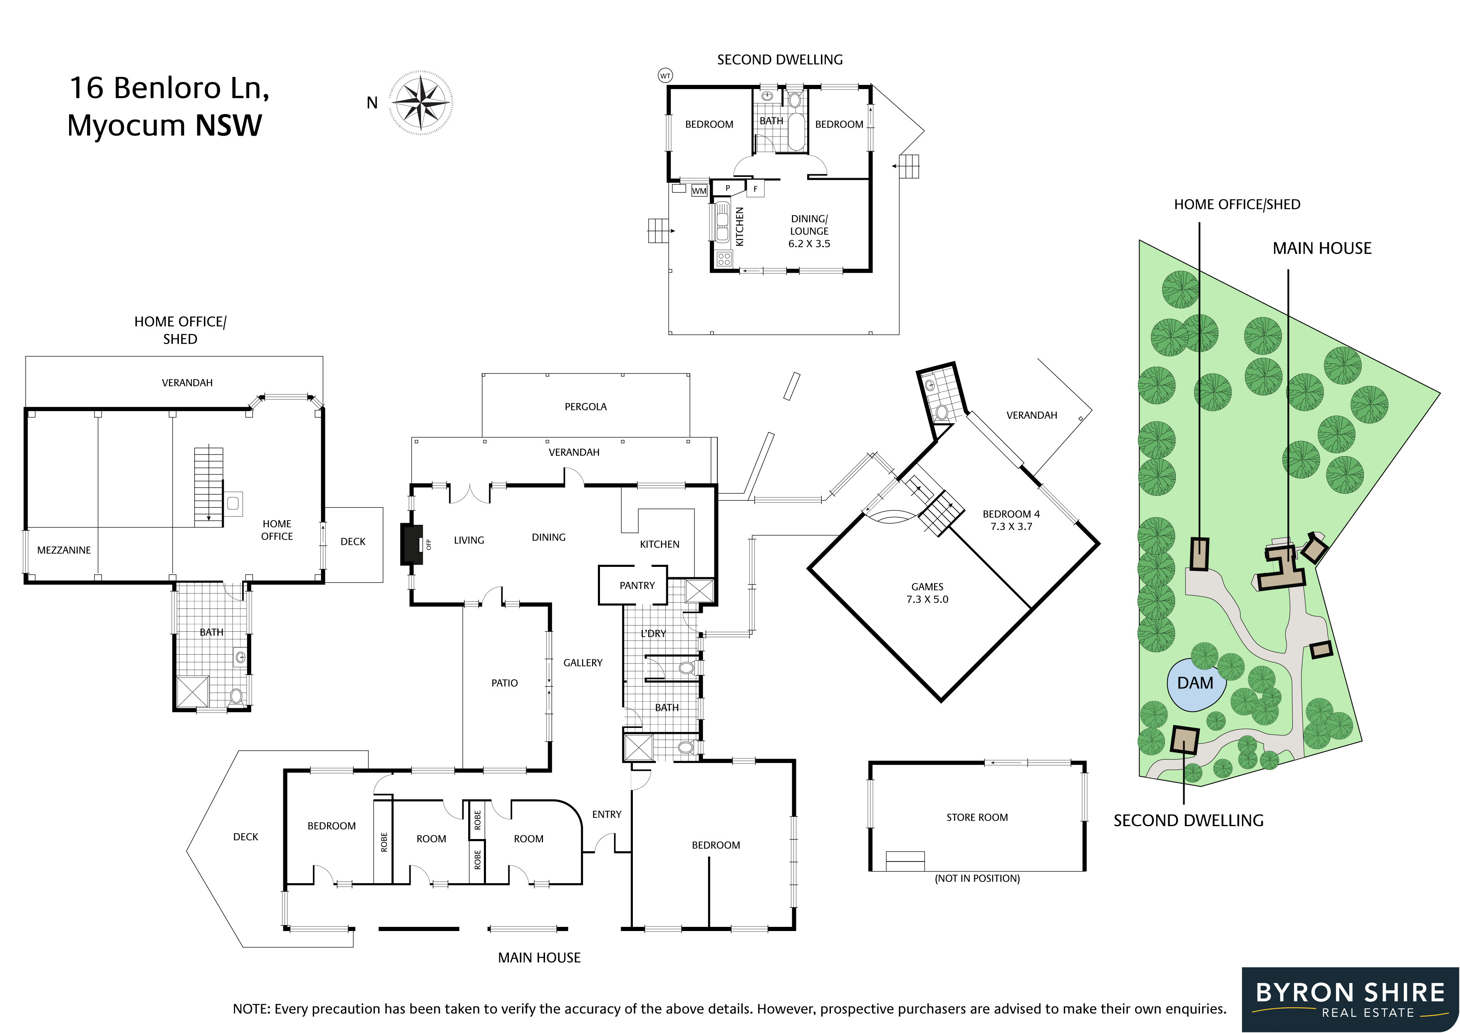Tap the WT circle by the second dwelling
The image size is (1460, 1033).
pos(665,76)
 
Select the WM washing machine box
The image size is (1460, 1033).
pos(699,190)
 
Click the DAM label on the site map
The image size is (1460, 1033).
pos(1195,683)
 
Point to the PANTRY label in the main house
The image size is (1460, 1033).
pos(637,585)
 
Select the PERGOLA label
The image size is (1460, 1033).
pos(586,407)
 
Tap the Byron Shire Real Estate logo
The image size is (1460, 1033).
pos(1351,1000)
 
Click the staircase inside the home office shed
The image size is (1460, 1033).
pos(208,485)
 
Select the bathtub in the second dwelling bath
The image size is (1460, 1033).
pos(796,132)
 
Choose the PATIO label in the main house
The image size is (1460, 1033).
pos(504,683)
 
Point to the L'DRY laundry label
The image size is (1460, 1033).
pos(653,633)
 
